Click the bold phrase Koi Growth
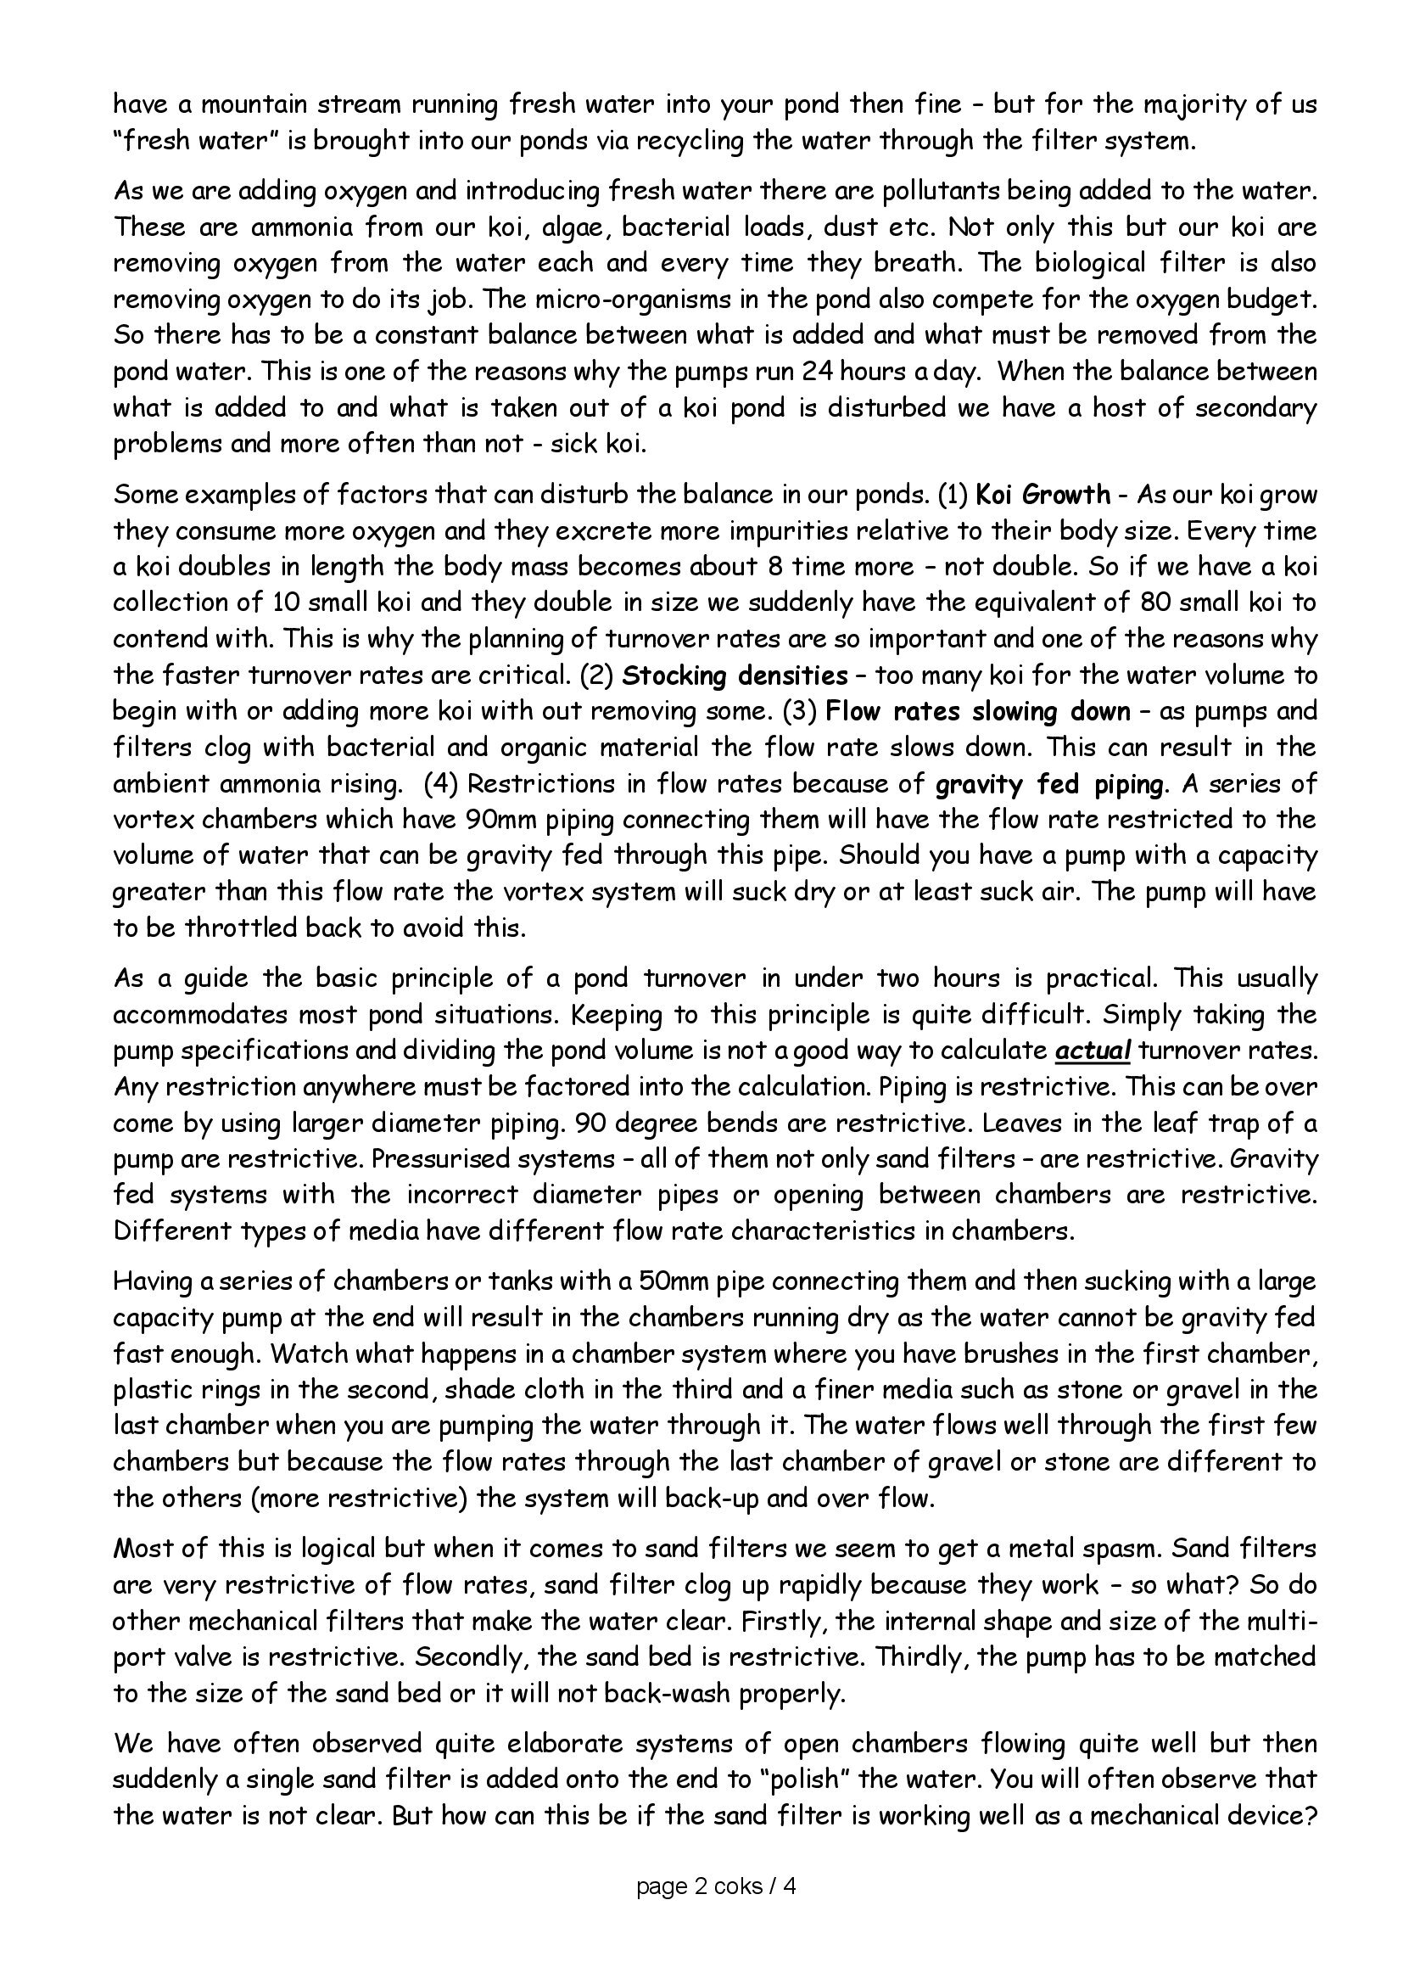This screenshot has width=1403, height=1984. pos(1042,495)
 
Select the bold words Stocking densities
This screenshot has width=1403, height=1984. pos(735,675)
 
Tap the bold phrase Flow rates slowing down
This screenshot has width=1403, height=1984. pos(977,711)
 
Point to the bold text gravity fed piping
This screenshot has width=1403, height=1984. pos(1048,784)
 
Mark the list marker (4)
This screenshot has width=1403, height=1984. pos(440,784)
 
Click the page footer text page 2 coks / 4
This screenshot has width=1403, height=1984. pos(716,1886)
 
